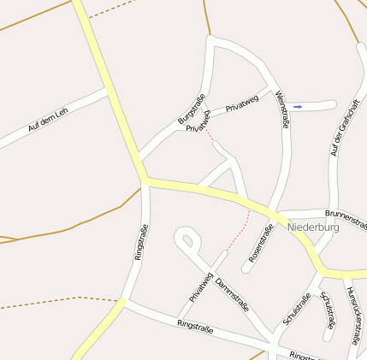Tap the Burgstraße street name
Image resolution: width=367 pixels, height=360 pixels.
click(192, 109)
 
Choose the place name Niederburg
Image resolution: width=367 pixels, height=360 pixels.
click(314, 227)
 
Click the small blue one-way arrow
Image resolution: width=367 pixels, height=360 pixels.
click(298, 106)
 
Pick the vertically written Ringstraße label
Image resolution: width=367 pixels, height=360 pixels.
click(141, 242)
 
